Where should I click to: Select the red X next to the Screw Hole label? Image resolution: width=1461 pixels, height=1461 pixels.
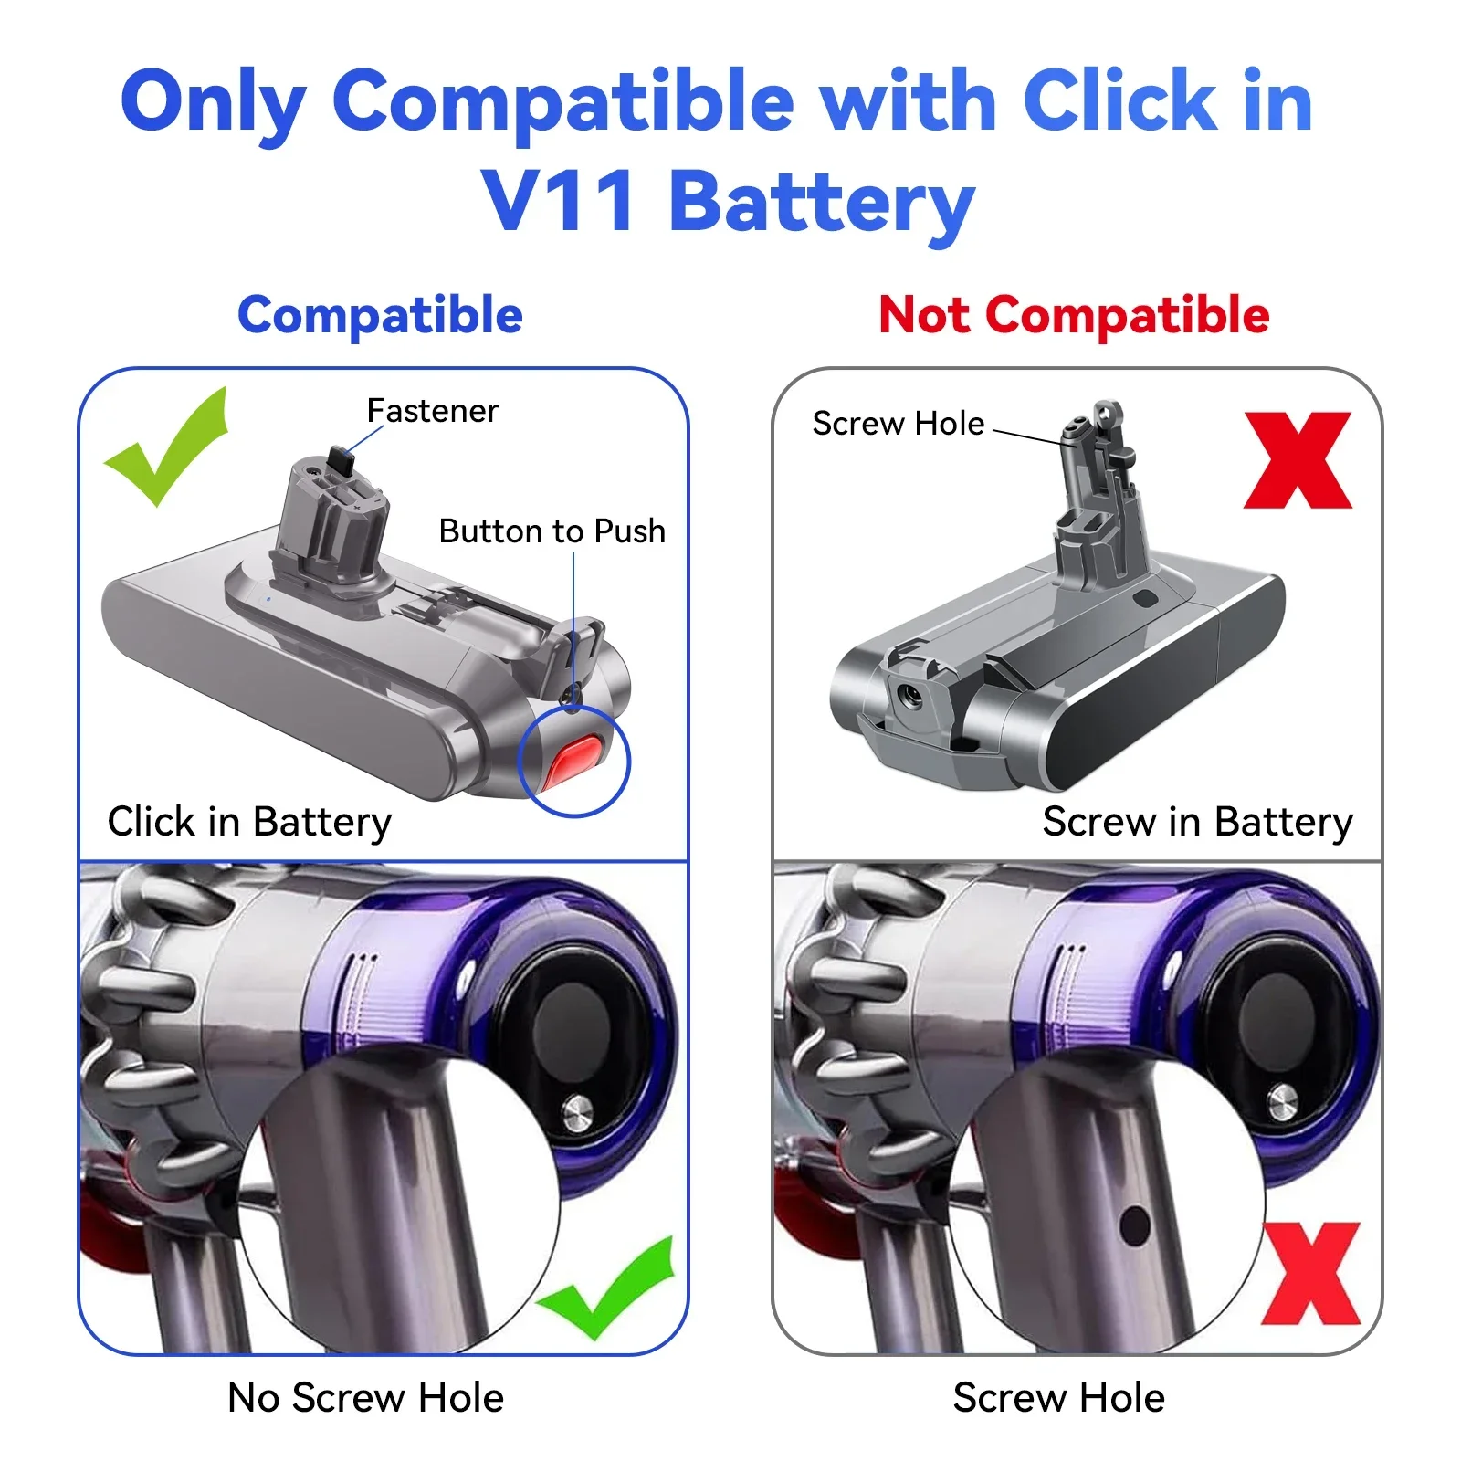[x=1298, y=459]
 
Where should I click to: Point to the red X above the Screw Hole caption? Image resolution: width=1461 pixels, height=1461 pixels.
[x=1311, y=1274]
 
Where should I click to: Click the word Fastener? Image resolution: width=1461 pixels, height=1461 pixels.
[x=432, y=411]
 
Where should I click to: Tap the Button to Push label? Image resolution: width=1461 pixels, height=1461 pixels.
[x=552, y=531]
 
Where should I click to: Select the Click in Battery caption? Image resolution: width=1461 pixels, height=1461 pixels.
[x=249, y=822]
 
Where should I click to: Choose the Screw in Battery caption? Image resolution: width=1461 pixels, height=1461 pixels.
[x=1197, y=822]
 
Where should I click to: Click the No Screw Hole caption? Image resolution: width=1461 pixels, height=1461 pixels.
[x=365, y=1398]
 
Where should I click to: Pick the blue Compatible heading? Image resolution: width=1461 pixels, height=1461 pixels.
[x=380, y=316]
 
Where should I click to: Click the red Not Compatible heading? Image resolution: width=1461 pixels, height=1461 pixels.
[x=1074, y=316]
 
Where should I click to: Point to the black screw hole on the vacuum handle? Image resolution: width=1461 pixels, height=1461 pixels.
[x=1134, y=1225]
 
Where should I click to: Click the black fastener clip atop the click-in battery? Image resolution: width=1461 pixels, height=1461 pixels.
[x=340, y=458]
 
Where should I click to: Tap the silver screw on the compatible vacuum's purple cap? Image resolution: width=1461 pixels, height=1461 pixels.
[x=577, y=1111]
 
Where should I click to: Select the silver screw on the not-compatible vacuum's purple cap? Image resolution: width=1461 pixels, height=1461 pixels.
[x=1282, y=1100]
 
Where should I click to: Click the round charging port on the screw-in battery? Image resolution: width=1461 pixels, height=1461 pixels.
[x=909, y=699]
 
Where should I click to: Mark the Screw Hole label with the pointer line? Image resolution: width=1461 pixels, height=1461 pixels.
[x=898, y=424]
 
